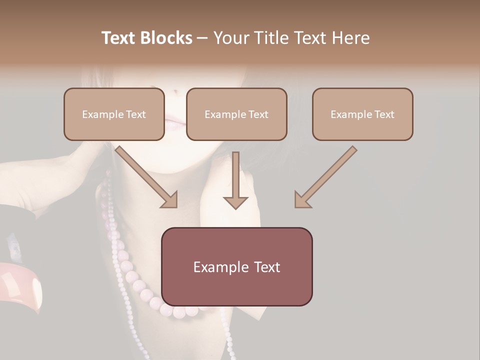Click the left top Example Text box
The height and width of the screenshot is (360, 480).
tap(114, 114)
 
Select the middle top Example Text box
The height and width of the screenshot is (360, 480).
tap(236, 114)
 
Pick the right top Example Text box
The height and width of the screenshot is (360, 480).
tap(362, 114)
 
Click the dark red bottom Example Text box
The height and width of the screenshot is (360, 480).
tap(236, 266)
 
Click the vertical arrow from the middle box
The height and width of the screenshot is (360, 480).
tap(235, 180)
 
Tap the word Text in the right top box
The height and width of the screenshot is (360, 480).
tap(384, 114)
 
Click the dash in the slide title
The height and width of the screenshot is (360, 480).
tap(202, 38)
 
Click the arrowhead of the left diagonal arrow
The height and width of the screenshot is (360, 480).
tap(170, 200)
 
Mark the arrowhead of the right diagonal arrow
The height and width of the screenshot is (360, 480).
tap(302, 200)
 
